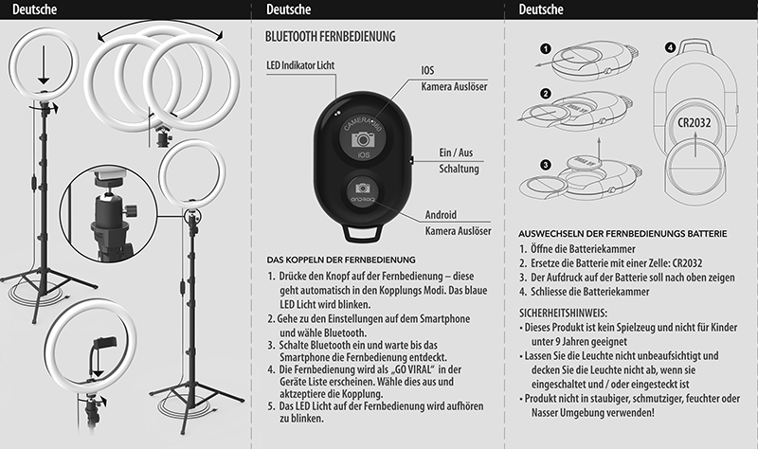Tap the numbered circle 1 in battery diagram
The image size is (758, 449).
coord(546,48)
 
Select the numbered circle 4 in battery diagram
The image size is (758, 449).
coord(670,47)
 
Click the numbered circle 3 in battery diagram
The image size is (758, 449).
coord(546,164)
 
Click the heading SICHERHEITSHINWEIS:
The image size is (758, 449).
coord(563,313)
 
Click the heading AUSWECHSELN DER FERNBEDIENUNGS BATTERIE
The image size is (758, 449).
coord(623,233)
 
